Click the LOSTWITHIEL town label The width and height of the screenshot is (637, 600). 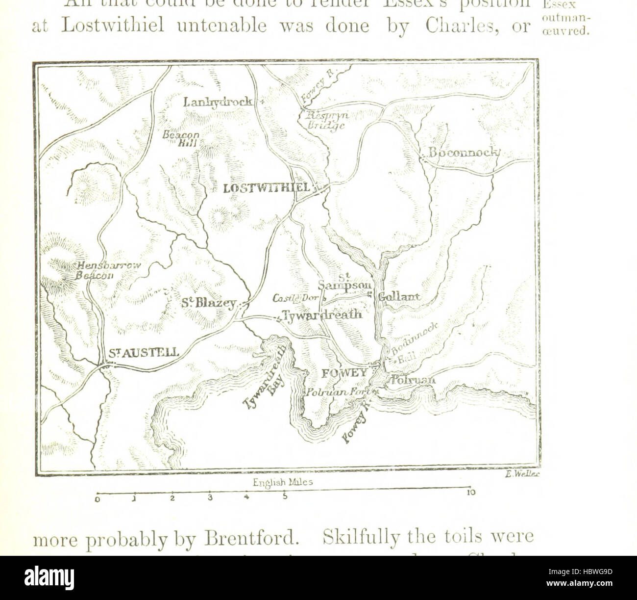pos(266,188)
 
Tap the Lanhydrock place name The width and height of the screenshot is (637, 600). pos(218,102)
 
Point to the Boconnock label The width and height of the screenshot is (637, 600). pos(463,153)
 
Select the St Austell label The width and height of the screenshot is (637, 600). pos(144,352)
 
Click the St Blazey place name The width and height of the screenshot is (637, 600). pos(208,303)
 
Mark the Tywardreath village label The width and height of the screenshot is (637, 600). pos(322,315)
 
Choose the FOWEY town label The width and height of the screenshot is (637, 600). pos(344,373)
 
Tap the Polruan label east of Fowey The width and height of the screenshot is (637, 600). pos(412,380)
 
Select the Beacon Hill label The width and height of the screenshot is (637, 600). pos(181,138)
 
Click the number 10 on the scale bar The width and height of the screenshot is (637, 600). pos(471,493)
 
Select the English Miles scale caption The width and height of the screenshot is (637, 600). pos(283,482)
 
